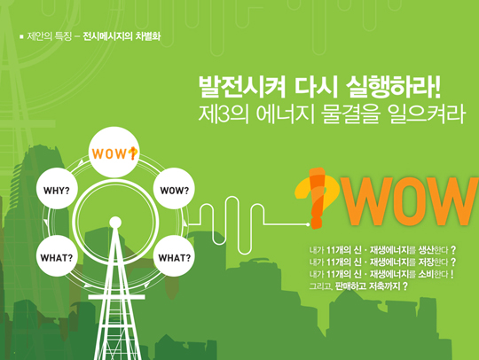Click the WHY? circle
pos(57,188)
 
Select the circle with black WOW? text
pos(174,188)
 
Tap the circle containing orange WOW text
pos(114,152)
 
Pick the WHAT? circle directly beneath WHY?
pos(57,256)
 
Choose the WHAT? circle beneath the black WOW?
pos(174,256)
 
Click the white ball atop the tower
pos(115,223)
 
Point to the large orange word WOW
pos(409,201)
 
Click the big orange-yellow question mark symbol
pos(317,198)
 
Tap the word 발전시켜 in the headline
pos(242,87)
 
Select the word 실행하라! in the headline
pos(394,87)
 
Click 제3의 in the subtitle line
pos(224,113)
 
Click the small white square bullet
pos(21,36)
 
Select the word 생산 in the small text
pos(426,250)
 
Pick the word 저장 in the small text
pos(426,262)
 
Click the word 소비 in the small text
pos(426,274)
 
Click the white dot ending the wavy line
pos(308,224)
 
